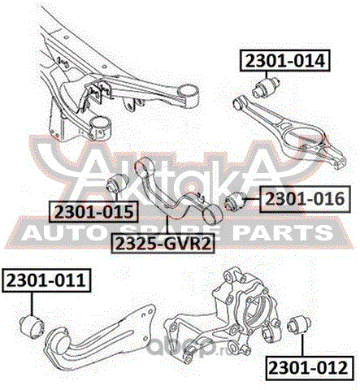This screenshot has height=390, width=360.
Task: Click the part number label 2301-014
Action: click(285, 61)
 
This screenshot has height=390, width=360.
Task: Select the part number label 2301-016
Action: click(305, 199)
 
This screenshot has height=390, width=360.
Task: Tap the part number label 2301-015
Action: click(94, 211)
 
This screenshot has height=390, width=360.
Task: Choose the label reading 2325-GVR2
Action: click(163, 243)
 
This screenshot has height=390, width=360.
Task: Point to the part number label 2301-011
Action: click(46, 280)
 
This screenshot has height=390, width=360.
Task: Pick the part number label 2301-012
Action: click(309, 368)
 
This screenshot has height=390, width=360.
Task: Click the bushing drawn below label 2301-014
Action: click(266, 87)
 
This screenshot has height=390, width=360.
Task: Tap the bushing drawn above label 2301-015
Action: click(118, 184)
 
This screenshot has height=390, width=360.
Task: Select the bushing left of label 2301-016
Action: click(236, 201)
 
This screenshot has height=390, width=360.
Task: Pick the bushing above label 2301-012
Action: click(299, 325)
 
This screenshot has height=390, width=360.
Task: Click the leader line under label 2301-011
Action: click(32, 304)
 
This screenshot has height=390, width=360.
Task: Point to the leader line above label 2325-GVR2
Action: click(167, 225)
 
